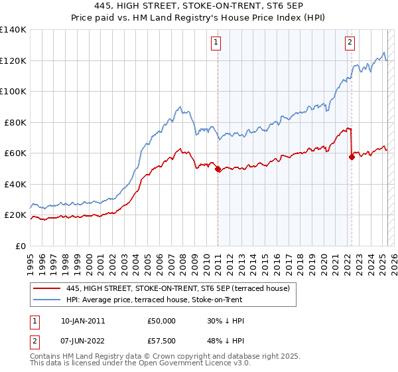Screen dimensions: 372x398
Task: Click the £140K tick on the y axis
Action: pyautogui.click(x=13, y=30)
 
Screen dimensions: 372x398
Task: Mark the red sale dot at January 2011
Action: pyautogui.click(x=218, y=169)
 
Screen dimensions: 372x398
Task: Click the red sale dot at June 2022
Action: pyautogui.click(x=352, y=157)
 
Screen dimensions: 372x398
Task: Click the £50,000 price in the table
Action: pyautogui.click(x=162, y=320)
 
